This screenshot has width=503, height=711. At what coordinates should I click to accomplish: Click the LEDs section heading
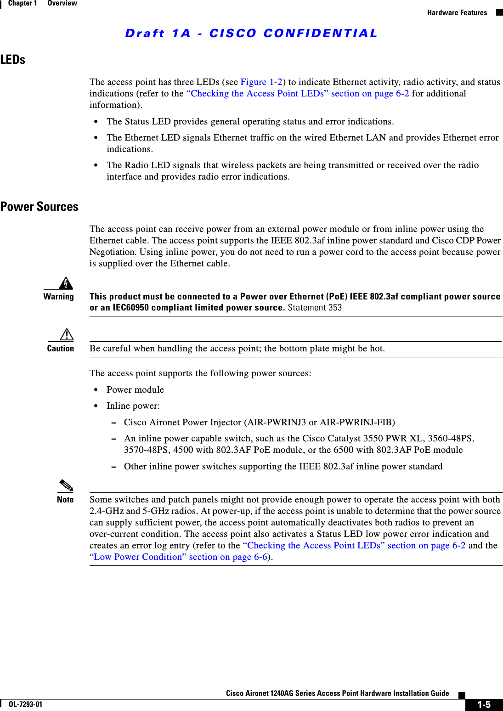click(13, 60)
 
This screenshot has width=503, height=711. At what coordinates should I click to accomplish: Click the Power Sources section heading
click(40, 207)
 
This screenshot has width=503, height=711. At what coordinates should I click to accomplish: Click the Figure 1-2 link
click(261, 82)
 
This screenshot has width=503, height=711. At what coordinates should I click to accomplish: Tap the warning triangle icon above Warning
click(66, 283)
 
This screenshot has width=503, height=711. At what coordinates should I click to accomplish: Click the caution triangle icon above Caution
click(67, 334)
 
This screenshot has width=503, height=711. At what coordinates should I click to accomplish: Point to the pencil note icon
click(66, 485)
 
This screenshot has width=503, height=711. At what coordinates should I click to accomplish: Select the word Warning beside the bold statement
click(58, 297)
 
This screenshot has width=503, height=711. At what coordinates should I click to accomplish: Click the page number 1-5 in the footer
click(484, 705)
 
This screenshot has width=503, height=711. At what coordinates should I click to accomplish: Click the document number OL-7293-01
click(25, 704)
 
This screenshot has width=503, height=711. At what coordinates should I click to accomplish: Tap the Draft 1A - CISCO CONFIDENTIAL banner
click(251, 34)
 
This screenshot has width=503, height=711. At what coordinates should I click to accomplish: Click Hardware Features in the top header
click(457, 13)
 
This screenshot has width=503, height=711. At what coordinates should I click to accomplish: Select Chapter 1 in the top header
click(23, 3)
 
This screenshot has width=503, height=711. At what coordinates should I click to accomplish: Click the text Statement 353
click(315, 308)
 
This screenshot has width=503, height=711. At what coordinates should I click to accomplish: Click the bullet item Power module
click(135, 390)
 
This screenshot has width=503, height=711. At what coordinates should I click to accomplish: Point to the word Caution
click(60, 349)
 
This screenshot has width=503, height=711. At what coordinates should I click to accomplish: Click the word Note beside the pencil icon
click(65, 500)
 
